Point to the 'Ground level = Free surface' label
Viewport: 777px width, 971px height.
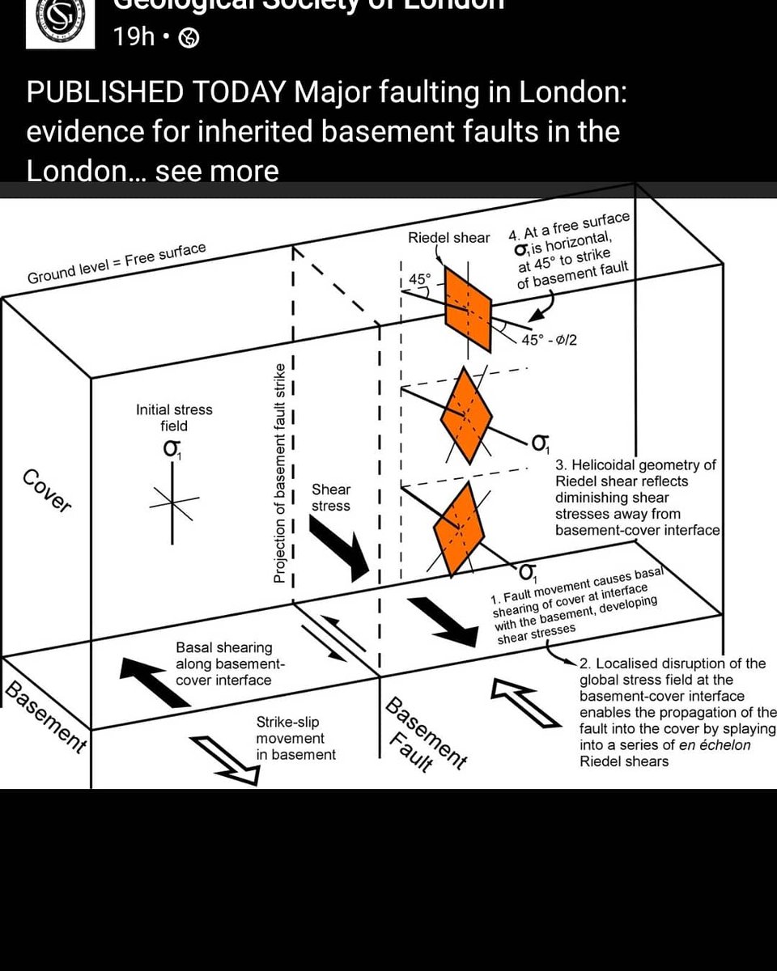point(117,264)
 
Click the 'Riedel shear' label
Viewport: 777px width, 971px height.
point(449,238)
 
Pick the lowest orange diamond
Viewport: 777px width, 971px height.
point(459,527)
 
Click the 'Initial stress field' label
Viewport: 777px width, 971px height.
point(174,418)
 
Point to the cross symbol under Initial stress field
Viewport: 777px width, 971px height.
point(173,502)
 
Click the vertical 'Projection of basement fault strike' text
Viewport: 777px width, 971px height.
point(278,473)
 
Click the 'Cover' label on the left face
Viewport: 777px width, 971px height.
point(47,490)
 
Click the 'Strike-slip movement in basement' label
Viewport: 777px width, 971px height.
point(295,738)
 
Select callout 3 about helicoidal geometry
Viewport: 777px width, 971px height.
point(637,498)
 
